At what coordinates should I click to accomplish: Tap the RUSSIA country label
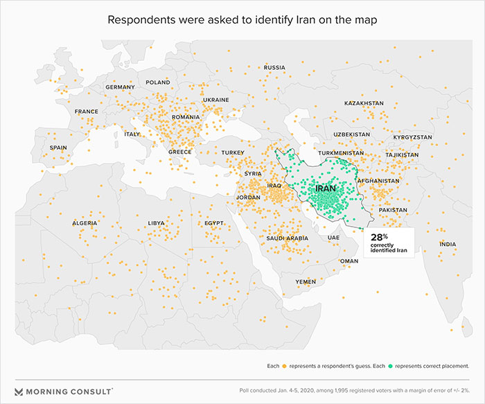click(275, 67)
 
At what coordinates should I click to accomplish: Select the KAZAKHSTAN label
click(364, 103)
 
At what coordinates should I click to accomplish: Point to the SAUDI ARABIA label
click(287, 238)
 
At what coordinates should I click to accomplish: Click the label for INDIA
click(448, 244)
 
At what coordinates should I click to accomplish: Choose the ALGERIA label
click(85, 223)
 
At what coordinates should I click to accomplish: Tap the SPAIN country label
click(58, 148)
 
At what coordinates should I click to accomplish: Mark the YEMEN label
click(306, 282)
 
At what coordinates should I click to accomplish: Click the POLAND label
click(157, 82)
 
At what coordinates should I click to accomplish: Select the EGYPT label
click(213, 223)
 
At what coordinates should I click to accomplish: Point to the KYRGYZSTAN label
click(412, 137)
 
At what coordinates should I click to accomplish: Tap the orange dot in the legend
click(284, 365)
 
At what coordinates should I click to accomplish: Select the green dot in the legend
click(391, 365)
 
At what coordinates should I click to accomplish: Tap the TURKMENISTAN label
click(341, 152)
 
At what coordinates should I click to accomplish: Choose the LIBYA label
click(157, 223)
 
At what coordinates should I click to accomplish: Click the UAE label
click(333, 238)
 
